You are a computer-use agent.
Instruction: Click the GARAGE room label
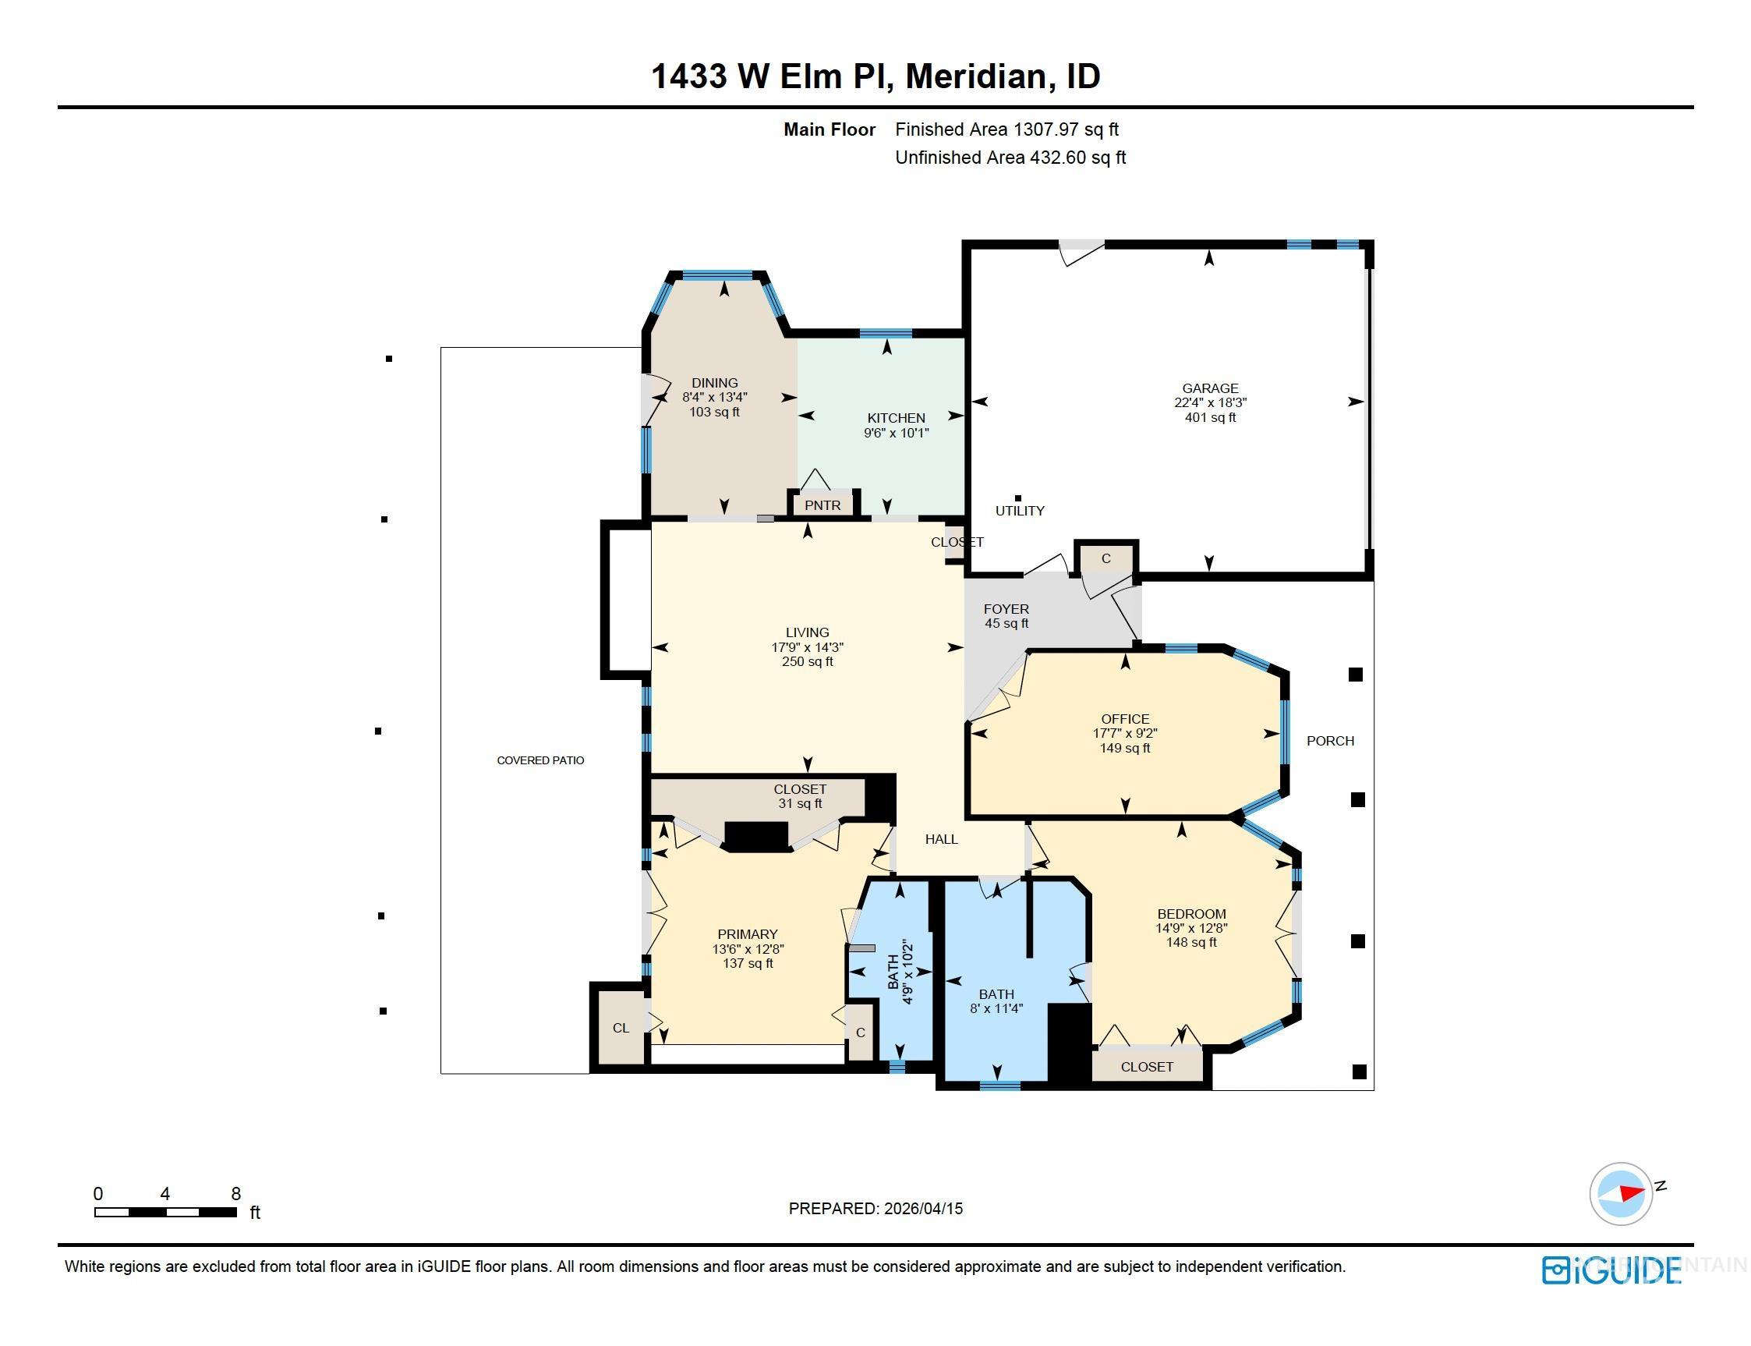click(x=1209, y=388)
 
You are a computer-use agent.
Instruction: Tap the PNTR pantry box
click(x=822, y=505)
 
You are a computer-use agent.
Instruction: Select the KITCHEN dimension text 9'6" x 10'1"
click(x=896, y=434)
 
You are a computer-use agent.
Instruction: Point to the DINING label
click(x=714, y=383)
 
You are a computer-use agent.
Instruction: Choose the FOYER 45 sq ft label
click(x=1006, y=616)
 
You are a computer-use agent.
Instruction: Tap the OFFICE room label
click(x=1125, y=719)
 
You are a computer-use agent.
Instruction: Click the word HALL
click(x=941, y=839)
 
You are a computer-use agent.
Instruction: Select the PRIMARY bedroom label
click(x=748, y=934)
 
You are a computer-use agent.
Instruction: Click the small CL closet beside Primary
click(x=621, y=1028)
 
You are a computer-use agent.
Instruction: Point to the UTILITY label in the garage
click(x=1020, y=510)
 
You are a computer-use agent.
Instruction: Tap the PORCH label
click(x=1330, y=741)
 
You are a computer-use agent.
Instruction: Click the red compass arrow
click(x=1631, y=1193)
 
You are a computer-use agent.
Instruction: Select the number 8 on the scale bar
click(x=235, y=1194)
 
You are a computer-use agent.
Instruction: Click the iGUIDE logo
click(x=1611, y=1270)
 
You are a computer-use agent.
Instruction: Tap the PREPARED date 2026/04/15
click(x=923, y=1208)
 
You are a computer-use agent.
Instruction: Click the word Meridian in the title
click(x=975, y=77)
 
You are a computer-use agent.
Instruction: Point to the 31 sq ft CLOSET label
click(x=799, y=796)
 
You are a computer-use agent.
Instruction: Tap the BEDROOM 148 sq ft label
click(x=1191, y=928)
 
